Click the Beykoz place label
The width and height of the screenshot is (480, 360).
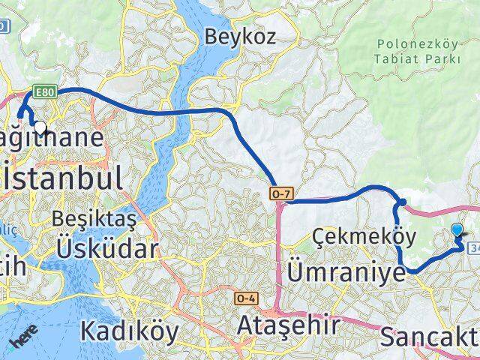[240, 35]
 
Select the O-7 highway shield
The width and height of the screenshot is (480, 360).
[278, 194]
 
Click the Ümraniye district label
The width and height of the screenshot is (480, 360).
[346, 271]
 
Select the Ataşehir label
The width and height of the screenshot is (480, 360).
[288, 325]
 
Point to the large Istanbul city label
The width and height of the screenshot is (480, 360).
[61, 178]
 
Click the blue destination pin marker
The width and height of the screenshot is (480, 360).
[458, 232]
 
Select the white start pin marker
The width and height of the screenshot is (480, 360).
[40, 128]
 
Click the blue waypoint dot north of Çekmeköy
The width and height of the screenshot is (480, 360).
[402, 202]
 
